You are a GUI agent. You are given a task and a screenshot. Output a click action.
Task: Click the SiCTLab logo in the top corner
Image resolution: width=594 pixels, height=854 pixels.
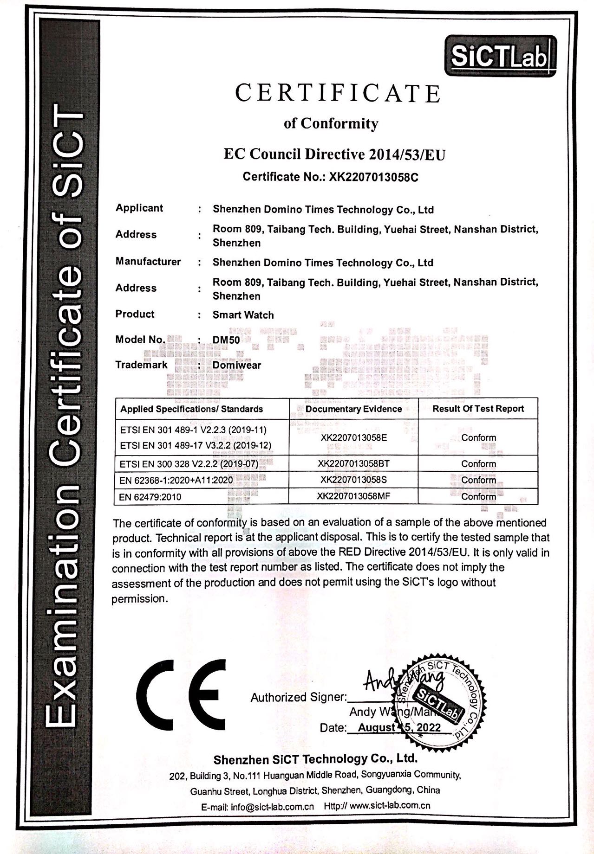[x=501, y=57]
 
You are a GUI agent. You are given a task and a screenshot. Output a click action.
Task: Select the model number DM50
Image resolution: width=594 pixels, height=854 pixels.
[x=226, y=340]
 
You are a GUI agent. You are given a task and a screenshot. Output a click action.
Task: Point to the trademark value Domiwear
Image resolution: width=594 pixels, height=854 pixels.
[x=237, y=365]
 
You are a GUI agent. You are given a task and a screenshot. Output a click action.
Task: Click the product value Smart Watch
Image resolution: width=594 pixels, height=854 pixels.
[x=243, y=315]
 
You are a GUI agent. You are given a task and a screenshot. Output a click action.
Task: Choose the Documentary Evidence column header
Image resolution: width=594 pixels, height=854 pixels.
[x=353, y=409]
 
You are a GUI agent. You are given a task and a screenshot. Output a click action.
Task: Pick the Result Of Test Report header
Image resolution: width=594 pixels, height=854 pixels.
[x=478, y=409]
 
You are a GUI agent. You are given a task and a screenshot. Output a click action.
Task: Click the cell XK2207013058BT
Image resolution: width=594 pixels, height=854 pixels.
[x=353, y=463]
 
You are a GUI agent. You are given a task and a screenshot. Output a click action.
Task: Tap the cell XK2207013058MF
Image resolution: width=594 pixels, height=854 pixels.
[x=353, y=496]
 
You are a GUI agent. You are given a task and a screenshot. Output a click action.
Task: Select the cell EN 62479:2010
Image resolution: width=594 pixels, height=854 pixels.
[x=150, y=497]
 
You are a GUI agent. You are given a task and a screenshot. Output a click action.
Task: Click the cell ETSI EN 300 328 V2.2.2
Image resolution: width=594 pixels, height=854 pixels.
[x=189, y=464]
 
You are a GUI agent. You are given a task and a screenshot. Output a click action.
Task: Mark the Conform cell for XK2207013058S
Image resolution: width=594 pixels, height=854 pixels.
[x=478, y=480]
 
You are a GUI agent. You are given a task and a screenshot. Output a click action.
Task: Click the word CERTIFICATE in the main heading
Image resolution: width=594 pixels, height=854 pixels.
[x=338, y=93]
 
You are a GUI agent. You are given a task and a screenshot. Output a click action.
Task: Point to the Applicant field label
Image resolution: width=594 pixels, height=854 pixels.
[x=139, y=208]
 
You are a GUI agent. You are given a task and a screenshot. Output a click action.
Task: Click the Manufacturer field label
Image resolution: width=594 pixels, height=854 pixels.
[x=148, y=262]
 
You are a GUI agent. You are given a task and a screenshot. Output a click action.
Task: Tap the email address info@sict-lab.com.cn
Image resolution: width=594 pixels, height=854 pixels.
[x=272, y=806]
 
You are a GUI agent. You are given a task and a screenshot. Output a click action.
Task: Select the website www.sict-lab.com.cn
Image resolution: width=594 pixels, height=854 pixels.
[x=390, y=806]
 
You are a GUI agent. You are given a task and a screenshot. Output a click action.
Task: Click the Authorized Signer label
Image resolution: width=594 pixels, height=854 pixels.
[x=298, y=697]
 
